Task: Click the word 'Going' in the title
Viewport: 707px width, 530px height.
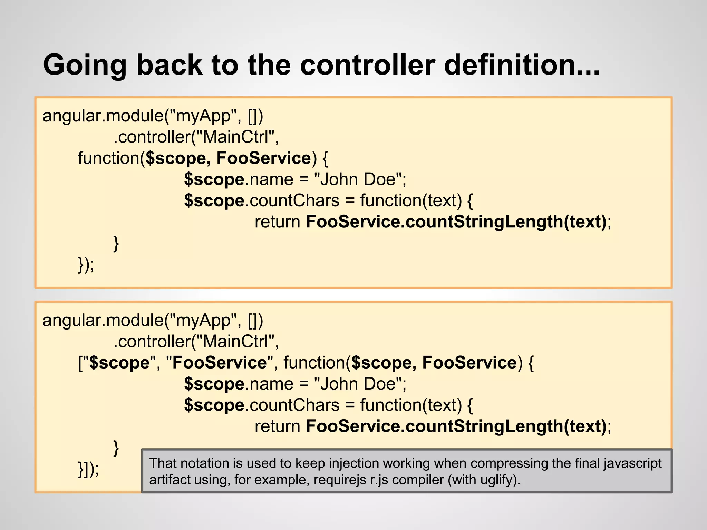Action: (85, 66)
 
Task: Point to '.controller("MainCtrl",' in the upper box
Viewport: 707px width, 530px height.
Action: (196, 137)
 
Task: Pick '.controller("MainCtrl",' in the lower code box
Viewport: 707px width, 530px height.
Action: (196, 342)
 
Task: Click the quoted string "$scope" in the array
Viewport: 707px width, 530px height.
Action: (119, 363)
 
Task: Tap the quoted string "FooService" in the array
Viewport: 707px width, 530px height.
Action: (220, 363)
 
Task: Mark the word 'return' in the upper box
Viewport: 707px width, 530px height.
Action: (278, 222)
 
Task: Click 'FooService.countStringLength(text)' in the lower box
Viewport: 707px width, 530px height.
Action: (456, 426)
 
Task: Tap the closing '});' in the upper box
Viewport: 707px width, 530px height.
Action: (86, 265)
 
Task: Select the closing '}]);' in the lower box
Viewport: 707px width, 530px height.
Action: (88, 469)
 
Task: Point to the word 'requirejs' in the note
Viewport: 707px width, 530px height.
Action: (340, 480)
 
